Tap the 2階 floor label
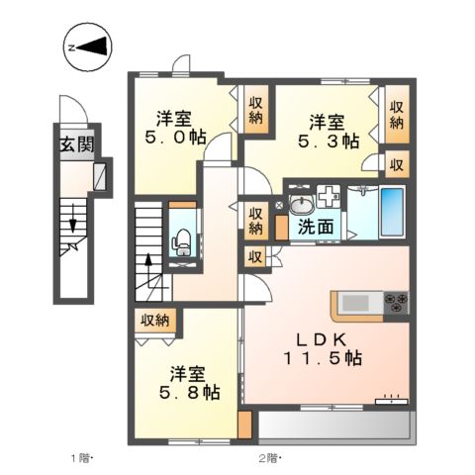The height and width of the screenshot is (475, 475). (270, 457)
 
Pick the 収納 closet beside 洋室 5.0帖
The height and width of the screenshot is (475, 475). (256, 109)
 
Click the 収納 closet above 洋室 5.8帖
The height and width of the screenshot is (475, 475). (154, 321)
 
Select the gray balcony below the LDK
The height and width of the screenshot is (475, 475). (333, 427)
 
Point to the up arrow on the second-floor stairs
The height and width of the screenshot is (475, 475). (148, 267)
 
